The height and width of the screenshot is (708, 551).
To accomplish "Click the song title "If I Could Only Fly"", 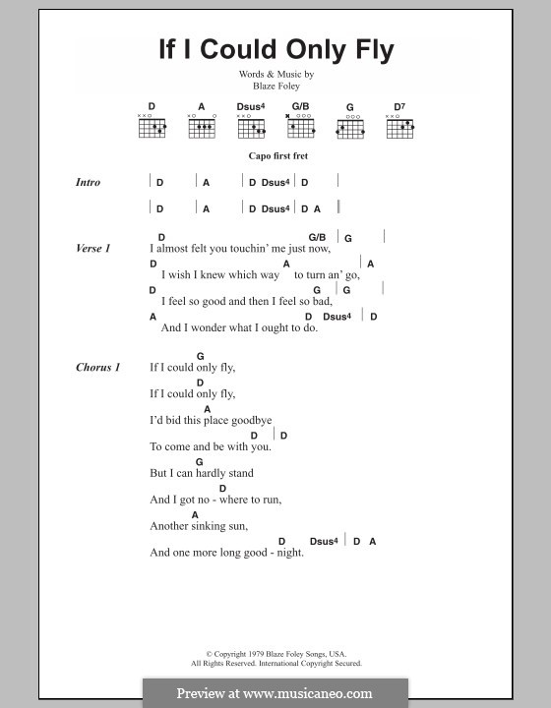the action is (276, 50).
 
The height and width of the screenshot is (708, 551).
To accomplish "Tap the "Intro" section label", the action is (88, 182).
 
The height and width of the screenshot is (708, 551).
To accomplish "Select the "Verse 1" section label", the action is (92, 248).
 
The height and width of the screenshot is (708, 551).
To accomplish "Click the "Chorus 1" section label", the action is (97, 367).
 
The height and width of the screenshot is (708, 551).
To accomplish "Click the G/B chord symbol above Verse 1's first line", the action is (317, 238).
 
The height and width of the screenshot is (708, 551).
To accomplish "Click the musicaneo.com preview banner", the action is (275, 692).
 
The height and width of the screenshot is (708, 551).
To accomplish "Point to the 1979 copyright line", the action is (275, 654).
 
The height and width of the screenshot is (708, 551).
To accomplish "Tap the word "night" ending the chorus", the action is (290, 553).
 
